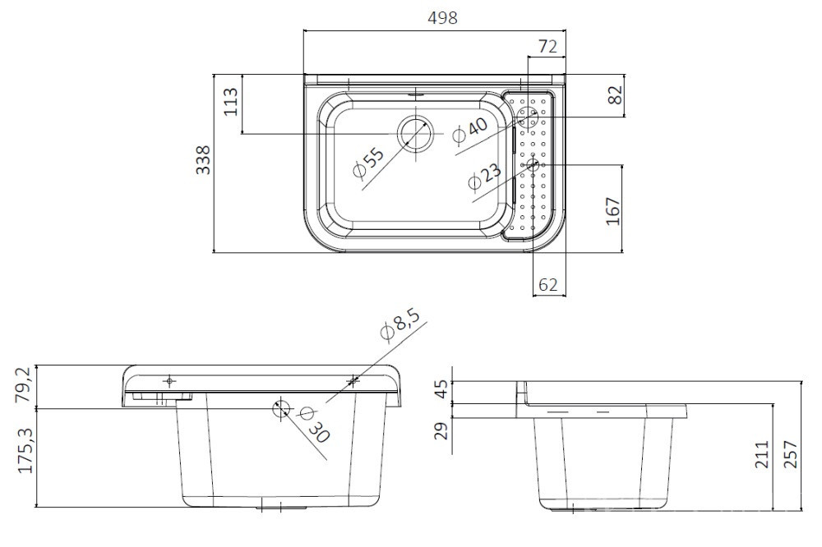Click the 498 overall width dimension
pos(442,18)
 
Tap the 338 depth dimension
pos(203,160)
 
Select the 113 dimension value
pos(231,102)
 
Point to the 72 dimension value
pos(547,47)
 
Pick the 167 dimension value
pos(613,211)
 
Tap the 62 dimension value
pos(547,284)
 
